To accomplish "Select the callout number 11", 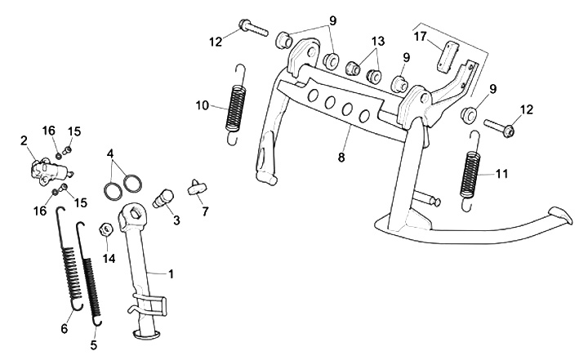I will (502, 174).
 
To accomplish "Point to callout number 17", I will (420, 37).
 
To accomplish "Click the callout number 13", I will (377, 42).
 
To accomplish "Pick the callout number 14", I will (109, 259).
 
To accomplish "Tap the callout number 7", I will (205, 211).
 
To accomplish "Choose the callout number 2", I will (24, 141).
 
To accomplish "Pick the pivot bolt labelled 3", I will (164, 197).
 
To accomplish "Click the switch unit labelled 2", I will (47, 171).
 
